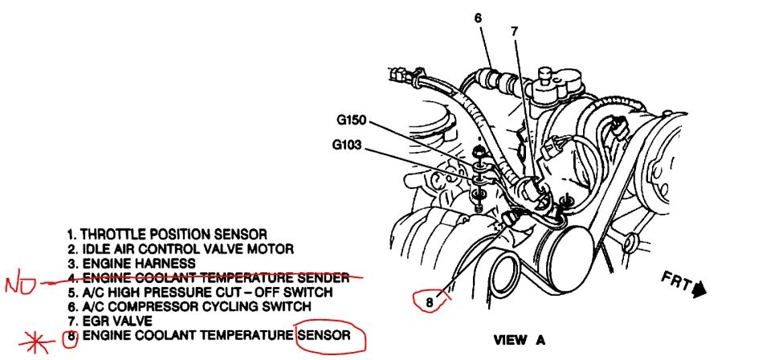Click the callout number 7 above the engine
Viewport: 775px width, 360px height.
click(x=514, y=31)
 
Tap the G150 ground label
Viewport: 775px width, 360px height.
click(x=351, y=121)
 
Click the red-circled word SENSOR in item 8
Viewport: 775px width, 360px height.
click(x=324, y=334)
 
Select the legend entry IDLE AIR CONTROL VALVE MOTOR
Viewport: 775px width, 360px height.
click(x=181, y=248)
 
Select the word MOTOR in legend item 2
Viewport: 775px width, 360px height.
click(x=273, y=248)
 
